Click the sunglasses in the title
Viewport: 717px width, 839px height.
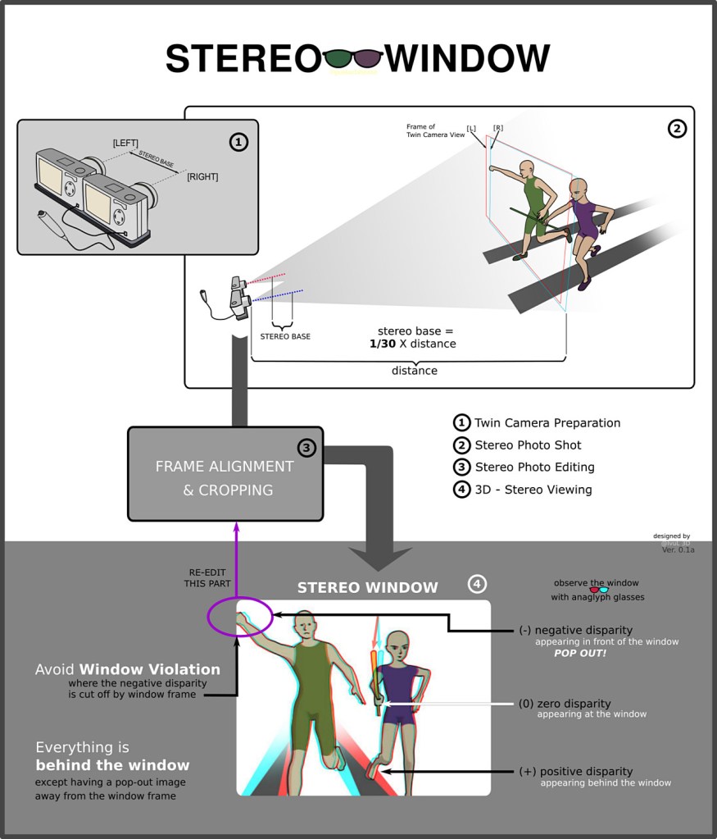(353, 58)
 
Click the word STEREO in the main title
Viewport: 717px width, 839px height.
(243, 59)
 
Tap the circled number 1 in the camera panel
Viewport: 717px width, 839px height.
(238, 143)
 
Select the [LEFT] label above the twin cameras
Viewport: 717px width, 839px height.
(125, 144)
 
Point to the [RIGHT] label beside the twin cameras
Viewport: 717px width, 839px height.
(202, 176)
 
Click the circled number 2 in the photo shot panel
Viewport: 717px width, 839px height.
(676, 128)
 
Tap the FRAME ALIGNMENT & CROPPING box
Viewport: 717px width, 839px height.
(225, 477)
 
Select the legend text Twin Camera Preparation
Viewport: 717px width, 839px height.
(547, 423)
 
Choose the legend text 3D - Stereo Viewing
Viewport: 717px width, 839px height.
(533, 490)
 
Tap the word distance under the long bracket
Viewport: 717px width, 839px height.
(414, 371)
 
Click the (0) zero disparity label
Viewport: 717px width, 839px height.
(565, 704)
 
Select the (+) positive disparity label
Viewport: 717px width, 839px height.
(575, 772)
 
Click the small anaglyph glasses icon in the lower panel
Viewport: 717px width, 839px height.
(599, 590)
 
